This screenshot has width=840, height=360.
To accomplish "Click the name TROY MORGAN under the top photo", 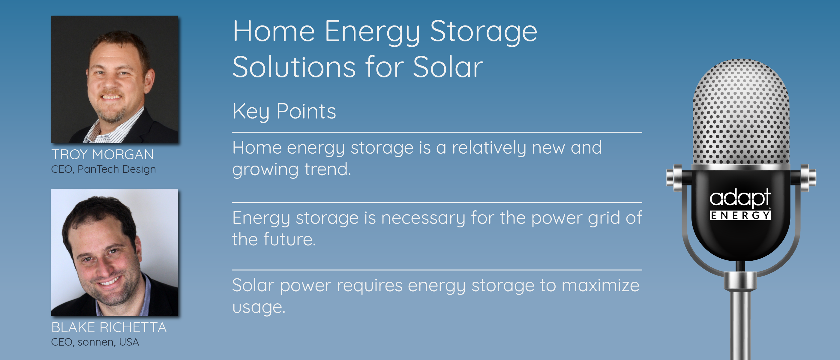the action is (x=103, y=154).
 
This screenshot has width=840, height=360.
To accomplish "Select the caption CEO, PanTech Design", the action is (x=103, y=169).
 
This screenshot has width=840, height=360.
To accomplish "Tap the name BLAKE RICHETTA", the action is (x=109, y=327).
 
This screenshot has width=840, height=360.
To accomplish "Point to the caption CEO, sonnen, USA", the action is (x=95, y=342).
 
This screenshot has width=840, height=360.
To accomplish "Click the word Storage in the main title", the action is (x=483, y=32).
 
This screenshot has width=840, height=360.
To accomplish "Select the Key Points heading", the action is (x=284, y=112).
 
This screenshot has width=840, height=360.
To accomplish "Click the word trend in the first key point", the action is (x=327, y=169).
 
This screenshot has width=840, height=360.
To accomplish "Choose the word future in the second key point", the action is (x=289, y=239).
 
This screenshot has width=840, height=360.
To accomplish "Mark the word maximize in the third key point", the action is (x=600, y=285).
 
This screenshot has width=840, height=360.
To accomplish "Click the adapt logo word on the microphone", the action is (x=740, y=198).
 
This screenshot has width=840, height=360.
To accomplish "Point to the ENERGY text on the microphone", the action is (x=740, y=215).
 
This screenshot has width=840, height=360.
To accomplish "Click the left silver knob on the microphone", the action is (x=674, y=177).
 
